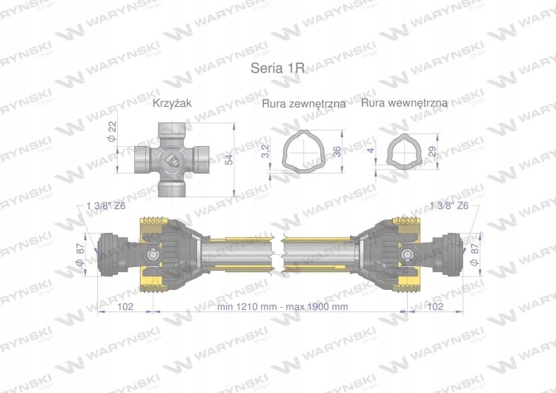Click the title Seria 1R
pos(277,67)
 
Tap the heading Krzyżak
pos(172,103)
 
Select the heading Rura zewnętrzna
pos(303,104)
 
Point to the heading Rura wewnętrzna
pos(404,103)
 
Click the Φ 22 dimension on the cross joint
pos(113,131)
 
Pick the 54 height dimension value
pos(229,159)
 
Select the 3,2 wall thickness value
pos(266,151)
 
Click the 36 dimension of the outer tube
pos(337,151)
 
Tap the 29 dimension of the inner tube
pos(432,151)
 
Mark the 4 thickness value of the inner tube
pos(371,150)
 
